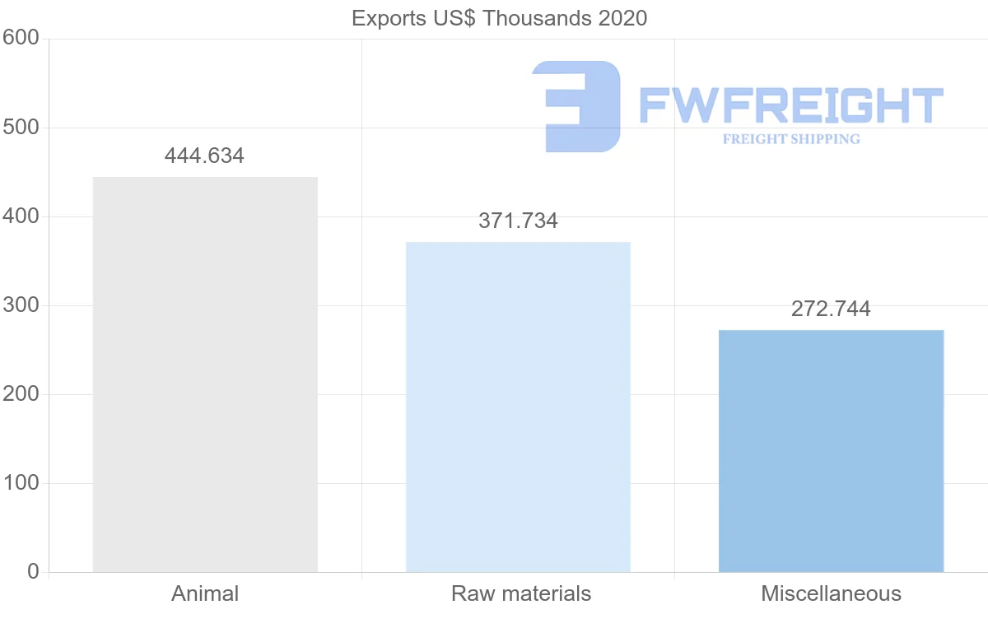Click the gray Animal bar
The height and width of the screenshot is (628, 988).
pos(205,374)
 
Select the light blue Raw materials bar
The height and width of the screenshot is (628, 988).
pos(518,407)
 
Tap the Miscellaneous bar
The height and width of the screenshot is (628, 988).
pos(831,451)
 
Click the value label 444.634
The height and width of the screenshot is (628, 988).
pos(204,156)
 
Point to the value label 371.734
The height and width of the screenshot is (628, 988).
pos(518,221)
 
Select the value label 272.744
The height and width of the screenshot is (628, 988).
pos(831,309)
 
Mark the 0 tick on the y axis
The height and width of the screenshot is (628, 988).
pos(33,571)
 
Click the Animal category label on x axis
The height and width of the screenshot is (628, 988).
pos(205,593)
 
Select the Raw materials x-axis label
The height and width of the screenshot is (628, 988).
pos(521,593)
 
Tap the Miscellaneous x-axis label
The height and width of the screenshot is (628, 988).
pos(831,593)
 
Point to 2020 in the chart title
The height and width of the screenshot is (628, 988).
pos(622,18)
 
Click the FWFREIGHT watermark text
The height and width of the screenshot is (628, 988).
pos(790,106)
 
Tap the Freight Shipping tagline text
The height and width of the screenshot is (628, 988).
pos(791,139)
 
